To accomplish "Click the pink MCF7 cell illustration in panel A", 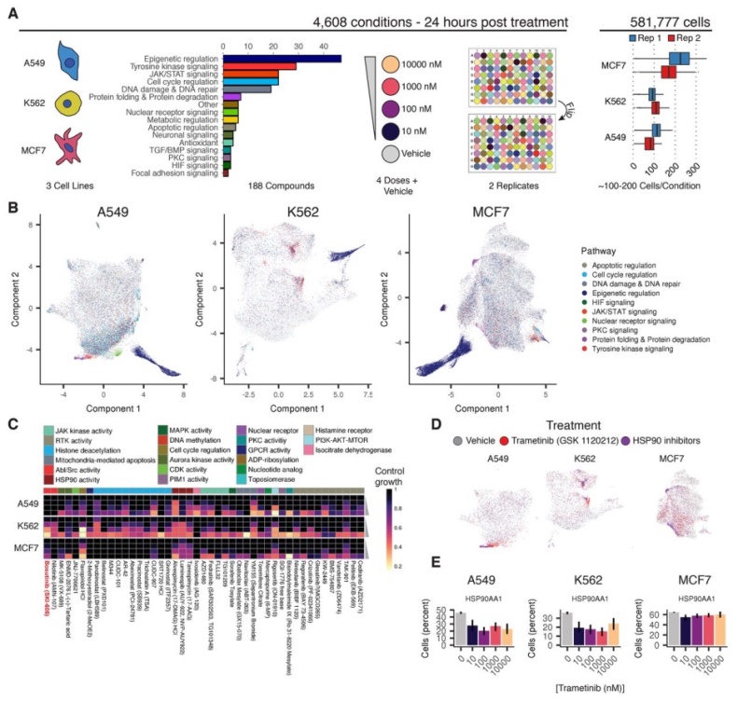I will (x=71, y=146).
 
